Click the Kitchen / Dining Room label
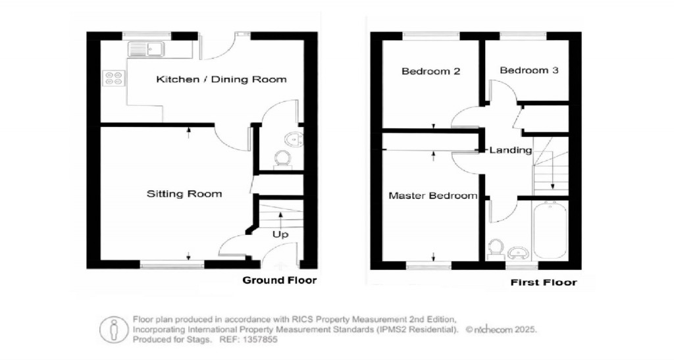pyautogui.click(x=221, y=80)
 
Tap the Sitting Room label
pyautogui.click(x=184, y=193)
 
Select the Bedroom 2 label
pyautogui.click(x=430, y=71)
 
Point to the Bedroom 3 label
pyautogui.click(x=529, y=70)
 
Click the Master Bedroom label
pyautogui.click(x=432, y=196)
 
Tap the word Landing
pyautogui.click(x=511, y=150)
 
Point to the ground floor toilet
pyautogui.click(x=283, y=159)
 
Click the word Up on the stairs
pyautogui.click(x=280, y=234)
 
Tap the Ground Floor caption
pyautogui.click(x=280, y=280)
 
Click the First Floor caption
pyautogui.click(x=544, y=282)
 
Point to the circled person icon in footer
pyautogui.click(x=113, y=328)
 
